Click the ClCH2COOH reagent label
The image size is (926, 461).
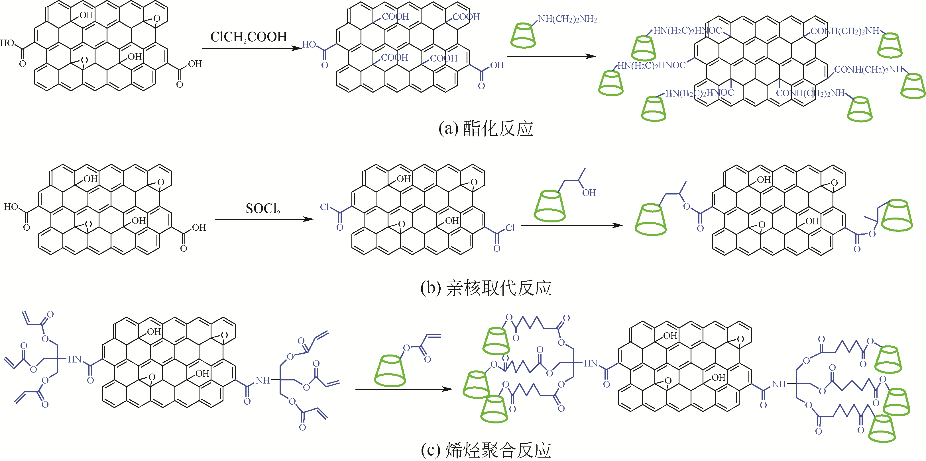(x=249, y=37)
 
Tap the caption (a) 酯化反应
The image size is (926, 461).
(x=486, y=128)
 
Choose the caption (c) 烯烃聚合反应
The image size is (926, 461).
(x=486, y=450)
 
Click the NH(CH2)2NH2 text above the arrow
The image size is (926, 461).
(x=567, y=19)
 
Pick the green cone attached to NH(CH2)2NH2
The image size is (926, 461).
(x=523, y=35)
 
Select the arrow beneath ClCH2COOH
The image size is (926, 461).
(x=252, y=48)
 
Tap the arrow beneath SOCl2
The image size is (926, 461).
(x=264, y=219)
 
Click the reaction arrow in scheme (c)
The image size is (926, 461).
(x=404, y=389)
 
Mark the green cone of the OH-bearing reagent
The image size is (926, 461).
(x=550, y=206)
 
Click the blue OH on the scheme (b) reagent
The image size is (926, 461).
(x=589, y=193)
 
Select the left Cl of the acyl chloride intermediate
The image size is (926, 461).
(x=324, y=207)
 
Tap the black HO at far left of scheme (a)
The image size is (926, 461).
(x=7, y=43)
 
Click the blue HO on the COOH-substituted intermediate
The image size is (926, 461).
(x=309, y=44)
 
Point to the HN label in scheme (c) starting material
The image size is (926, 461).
(x=75, y=359)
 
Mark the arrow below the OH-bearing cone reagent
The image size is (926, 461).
(x=571, y=226)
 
